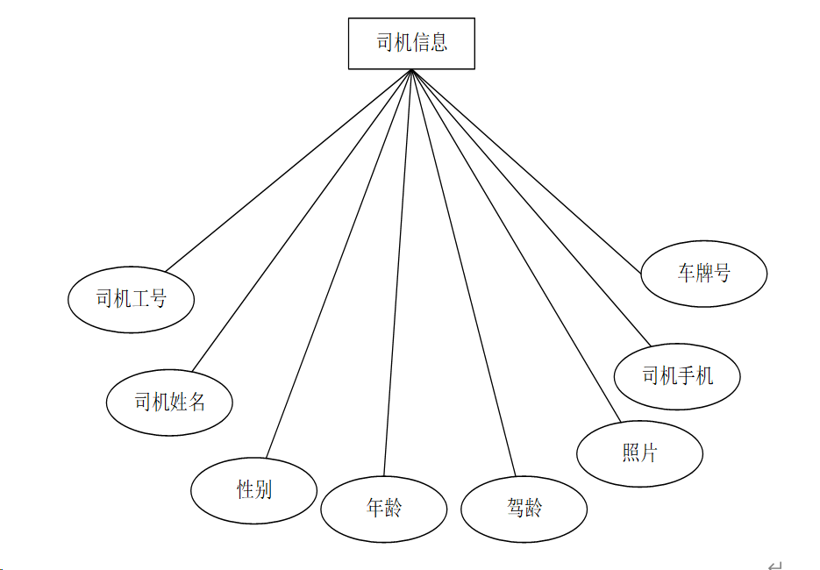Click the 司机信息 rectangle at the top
click(411, 43)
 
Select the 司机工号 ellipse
click(131, 299)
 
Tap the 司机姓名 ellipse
click(169, 403)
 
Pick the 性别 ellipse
click(253, 489)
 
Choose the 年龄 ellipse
click(383, 508)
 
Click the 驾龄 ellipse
click(524, 508)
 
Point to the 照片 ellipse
click(639, 453)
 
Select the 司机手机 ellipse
click(677, 376)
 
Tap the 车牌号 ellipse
click(703, 274)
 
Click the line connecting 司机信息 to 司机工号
click(289, 170)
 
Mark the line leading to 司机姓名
click(302, 219)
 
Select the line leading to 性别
click(339, 263)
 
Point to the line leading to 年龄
click(397, 272)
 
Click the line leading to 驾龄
click(463, 272)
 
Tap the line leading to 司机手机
click(531, 208)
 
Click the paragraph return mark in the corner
click(774, 566)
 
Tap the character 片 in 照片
click(649, 453)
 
